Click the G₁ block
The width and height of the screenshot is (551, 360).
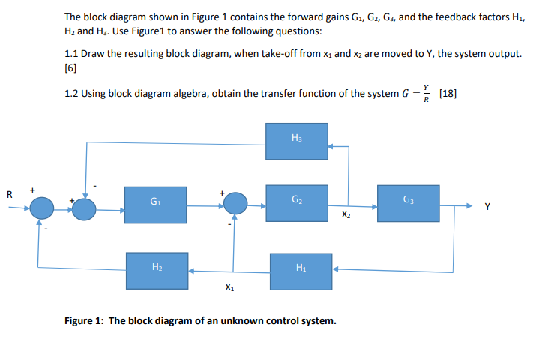pyautogui.click(x=154, y=202)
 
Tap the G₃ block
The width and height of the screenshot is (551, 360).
pyautogui.click(x=407, y=202)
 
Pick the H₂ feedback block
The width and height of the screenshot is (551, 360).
pyautogui.click(x=154, y=268)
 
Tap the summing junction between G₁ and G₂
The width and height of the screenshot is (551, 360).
pyautogui.click(x=236, y=202)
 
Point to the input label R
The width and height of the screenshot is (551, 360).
pyautogui.click(x=10, y=195)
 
